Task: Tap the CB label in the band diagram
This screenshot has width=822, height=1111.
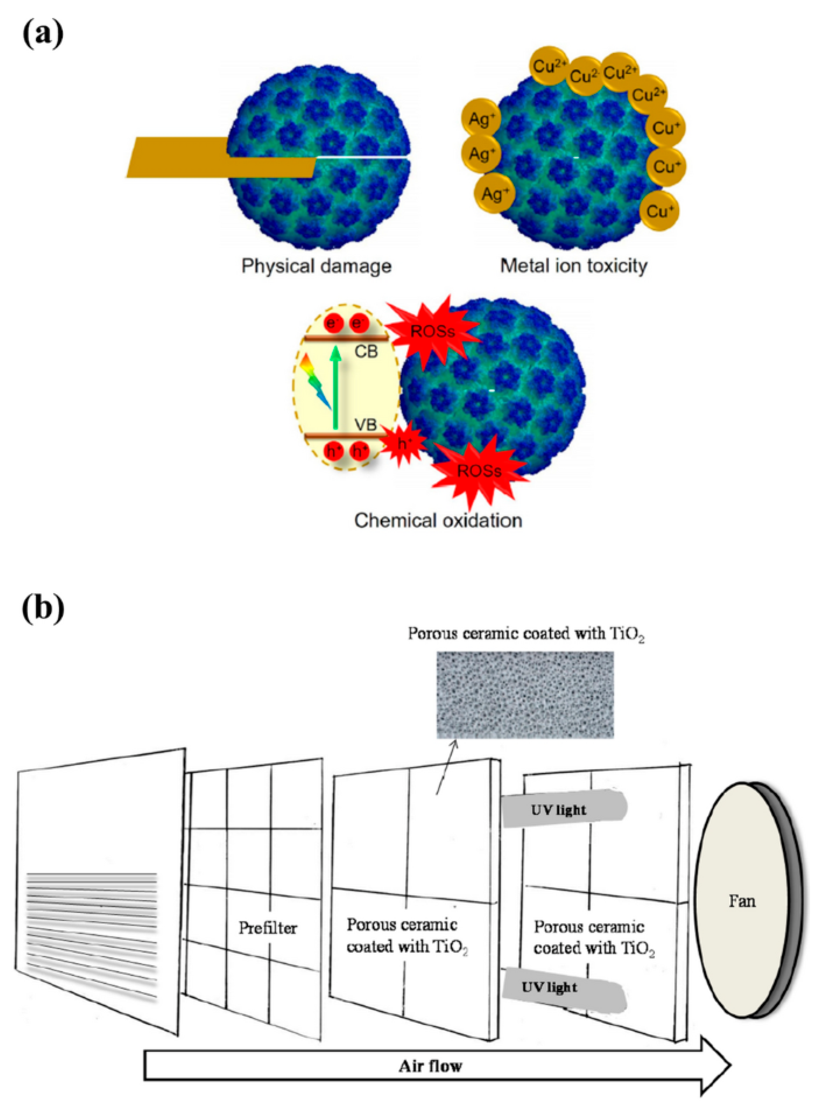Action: (x=366, y=352)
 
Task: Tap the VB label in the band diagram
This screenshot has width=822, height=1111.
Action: (x=366, y=425)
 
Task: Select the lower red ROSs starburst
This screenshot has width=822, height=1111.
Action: (x=479, y=471)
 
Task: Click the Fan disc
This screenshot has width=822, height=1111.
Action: (x=741, y=901)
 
